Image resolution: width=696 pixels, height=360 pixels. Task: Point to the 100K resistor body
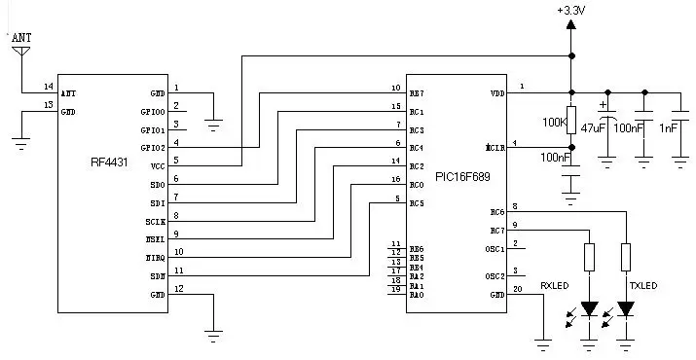tap(571, 119)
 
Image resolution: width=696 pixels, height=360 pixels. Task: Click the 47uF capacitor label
tap(593, 128)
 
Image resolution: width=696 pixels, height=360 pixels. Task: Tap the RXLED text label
tap(554, 287)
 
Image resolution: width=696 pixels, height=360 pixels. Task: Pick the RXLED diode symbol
tap(589, 309)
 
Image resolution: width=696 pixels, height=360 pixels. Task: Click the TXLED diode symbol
tap(626, 309)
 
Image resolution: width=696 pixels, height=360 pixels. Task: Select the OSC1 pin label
tap(495, 249)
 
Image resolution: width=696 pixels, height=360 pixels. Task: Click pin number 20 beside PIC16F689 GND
tap(516, 289)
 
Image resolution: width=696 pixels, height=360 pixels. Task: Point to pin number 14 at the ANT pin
tap(48, 88)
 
